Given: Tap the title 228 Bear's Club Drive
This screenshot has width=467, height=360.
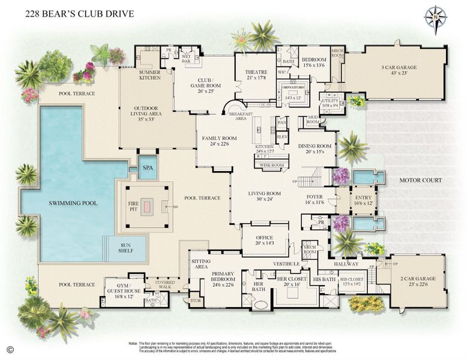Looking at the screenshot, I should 80,13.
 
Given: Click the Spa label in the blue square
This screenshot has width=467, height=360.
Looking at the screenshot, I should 148,169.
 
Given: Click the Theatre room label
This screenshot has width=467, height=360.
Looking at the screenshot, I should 256,73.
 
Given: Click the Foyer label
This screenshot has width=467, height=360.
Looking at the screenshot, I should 315,199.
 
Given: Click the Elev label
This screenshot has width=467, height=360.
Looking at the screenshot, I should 282,137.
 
